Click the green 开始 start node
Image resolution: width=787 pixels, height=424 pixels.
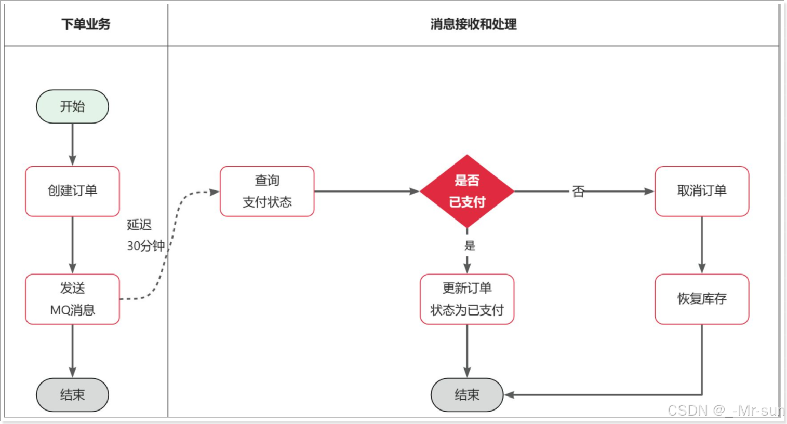[x=72, y=106]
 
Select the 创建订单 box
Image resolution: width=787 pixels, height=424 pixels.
[x=72, y=191]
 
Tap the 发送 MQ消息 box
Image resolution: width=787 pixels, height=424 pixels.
[x=72, y=299]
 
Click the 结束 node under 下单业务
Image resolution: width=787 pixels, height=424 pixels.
[x=72, y=395]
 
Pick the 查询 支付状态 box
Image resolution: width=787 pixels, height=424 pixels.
[x=267, y=191]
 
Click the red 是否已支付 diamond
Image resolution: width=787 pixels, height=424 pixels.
[x=466, y=191]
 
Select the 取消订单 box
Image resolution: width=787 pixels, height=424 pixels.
[x=701, y=191]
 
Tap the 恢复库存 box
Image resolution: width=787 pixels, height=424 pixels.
[x=701, y=299]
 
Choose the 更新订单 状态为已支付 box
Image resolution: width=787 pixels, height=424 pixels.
[x=466, y=299]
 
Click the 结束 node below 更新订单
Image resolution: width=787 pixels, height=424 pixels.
[x=466, y=395]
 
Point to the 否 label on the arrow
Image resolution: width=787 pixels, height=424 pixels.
[x=578, y=192]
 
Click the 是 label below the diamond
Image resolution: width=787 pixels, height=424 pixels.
[x=470, y=245]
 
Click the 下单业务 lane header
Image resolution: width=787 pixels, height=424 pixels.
[x=86, y=24]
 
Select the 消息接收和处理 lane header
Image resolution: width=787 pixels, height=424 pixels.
[x=473, y=24]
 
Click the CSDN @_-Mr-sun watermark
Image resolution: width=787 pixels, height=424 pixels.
[x=725, y=411]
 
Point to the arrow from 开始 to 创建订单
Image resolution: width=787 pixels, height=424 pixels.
[x=72, y=144]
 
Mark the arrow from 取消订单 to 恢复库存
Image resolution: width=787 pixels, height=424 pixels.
[x=701, y=245]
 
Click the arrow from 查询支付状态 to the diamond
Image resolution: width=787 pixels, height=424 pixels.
[x=366, y=192]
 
